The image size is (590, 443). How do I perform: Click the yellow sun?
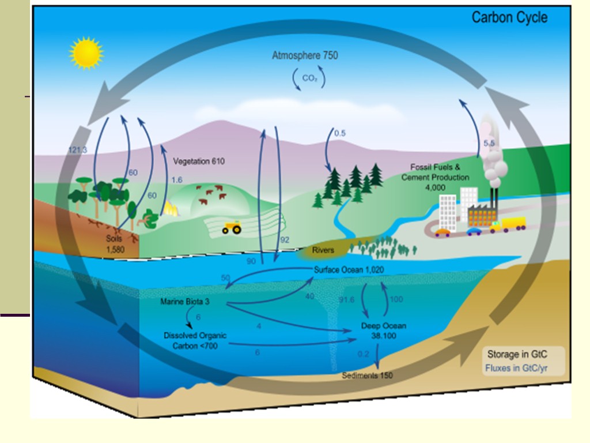(86, 53)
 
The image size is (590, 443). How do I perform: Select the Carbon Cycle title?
(509, 17)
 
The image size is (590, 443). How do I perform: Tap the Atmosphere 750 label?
(305, 55)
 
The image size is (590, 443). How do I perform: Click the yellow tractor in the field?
(232, 228)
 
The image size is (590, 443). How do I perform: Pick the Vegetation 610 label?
(199, 162)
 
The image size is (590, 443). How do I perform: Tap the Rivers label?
(323, 250)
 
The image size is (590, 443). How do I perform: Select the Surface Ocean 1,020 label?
(349, 270)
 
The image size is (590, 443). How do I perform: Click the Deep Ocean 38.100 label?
(383, 330)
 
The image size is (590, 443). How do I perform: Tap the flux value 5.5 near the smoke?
(489, 142)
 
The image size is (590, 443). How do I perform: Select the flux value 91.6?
(346, 300)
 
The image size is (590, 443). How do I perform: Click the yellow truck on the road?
(508, 224)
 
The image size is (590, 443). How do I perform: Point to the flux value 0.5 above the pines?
(340, 133)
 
